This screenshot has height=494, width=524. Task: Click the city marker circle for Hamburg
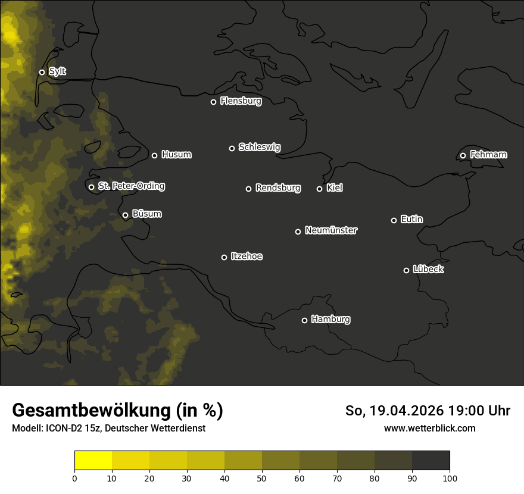tap(304, 320)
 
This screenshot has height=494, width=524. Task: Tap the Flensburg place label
tap(241, 101)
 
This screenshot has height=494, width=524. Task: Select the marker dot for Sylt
tap(42, 73)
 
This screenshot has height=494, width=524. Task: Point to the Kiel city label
tap(335, 188)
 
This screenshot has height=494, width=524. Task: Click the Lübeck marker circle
tap(406, 270)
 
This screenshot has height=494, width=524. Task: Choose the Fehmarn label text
tap(488, 155)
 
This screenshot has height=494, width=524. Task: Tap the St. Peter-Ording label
tap(131, 186)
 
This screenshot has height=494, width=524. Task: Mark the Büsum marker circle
tap(125, 215)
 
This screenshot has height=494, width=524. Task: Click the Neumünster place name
tap(331, 230)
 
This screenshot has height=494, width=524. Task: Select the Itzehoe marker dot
tap(224, 257)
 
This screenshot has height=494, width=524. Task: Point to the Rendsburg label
tap(278, 188)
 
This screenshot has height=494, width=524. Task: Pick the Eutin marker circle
tap(394, 220)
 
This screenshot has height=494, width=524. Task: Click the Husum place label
tap(176, 155)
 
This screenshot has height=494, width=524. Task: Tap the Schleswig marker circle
tap(232, 148)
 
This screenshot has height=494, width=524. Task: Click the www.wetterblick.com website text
tap(429, 429)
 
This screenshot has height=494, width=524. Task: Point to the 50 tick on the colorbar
tap(262, 478)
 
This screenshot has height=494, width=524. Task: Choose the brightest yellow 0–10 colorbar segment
tap(93, 460)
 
